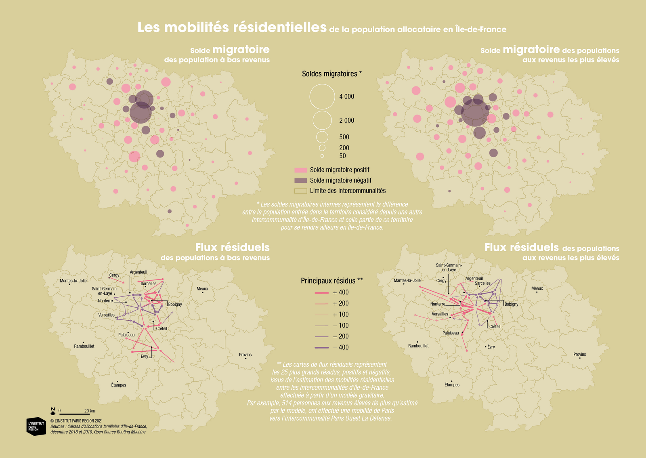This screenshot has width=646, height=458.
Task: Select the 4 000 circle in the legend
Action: pos(322,84)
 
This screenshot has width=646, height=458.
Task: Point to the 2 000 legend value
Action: pos(347,120)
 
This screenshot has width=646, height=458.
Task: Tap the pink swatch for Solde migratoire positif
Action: pos(300,170)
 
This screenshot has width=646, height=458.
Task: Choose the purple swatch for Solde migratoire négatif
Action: pos(300,181)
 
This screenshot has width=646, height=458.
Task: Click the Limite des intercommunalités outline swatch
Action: pos(300,191)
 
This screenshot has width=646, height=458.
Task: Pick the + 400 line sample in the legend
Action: pos(321,293)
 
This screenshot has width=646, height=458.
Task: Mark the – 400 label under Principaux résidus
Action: pos(341,347)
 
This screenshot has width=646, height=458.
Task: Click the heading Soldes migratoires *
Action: pos(331,74)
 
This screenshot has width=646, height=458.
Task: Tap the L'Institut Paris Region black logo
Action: pos(36,426)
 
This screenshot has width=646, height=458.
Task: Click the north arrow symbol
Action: pos(53,411)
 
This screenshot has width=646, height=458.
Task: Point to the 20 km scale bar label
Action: pos(89,411)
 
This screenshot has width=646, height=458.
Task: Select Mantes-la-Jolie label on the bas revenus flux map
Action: pos(73,281)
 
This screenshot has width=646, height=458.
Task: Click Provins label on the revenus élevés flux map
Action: pos(580,355)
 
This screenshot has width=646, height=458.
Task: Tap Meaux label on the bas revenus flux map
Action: pos(202,289)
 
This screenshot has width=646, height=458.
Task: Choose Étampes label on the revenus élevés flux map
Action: pos(452,385)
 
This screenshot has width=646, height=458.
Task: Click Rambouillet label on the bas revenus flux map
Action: pos(84,346)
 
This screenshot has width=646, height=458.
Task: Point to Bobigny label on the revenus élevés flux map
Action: pos(511,304)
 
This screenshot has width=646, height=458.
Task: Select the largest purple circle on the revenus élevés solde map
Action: pos(475,113)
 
